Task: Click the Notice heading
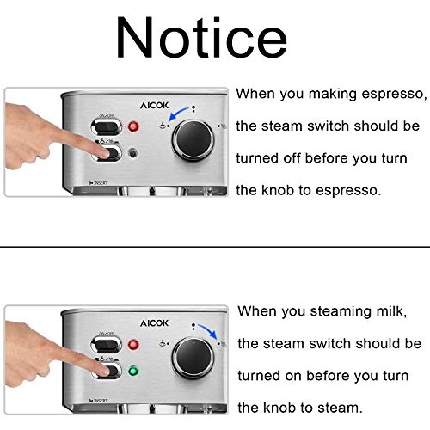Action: click(x=201, y=37)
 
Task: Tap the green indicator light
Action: click(x=132, y=371)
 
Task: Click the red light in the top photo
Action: click(x=133, y=126)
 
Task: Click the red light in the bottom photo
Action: click(x=133, y=344)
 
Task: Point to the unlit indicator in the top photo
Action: click(x=132, y=153)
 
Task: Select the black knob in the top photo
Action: click(x=193, y=139)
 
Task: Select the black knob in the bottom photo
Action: click(x=193, y=358)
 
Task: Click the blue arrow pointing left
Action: click(x=178, y=113)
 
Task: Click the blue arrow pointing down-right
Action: click(x=207, y=331)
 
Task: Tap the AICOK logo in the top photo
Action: click(x=154, y=106)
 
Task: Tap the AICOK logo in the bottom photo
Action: click(x=154, y=323)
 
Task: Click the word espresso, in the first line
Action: click(x=394, y=95)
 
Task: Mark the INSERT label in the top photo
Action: click(x=99, y=183)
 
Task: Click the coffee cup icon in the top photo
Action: click(x=163, y=126)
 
